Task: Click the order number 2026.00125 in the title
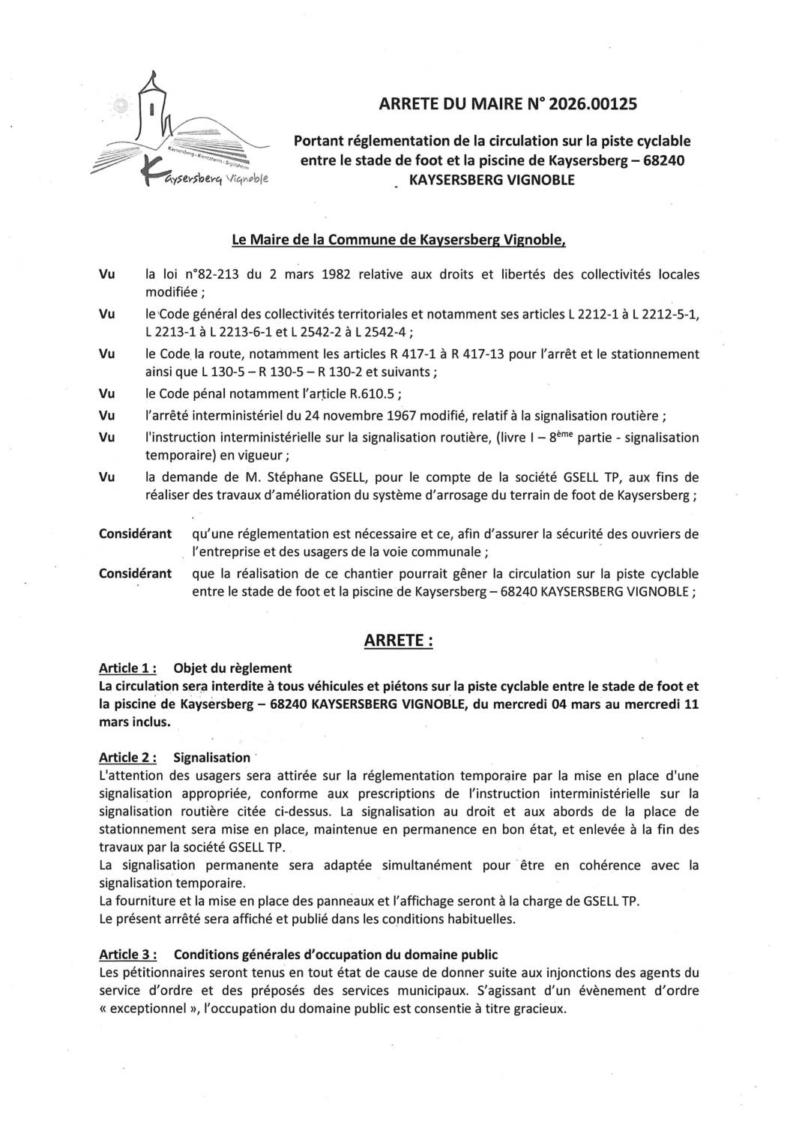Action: point(593,104)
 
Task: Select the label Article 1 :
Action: point(127,668)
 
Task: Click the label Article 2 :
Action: point(127,758)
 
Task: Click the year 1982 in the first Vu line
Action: point(337,274)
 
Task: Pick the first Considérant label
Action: point(135,534)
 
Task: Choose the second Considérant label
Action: point(135,574)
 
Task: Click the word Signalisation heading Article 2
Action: point(212,758)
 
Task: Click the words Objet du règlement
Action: point(232,668)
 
